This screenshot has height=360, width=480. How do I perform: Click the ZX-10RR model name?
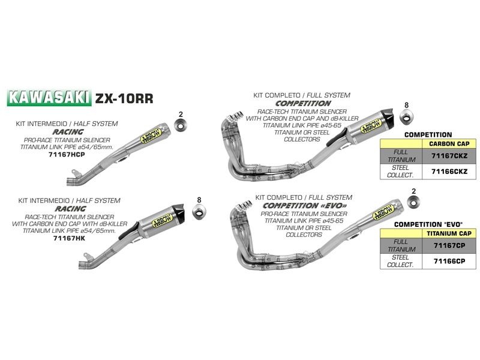coord(119,98)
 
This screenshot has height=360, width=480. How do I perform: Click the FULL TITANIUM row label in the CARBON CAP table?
coord(401,156)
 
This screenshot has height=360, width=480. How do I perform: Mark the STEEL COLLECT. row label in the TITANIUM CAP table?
coord(401,261)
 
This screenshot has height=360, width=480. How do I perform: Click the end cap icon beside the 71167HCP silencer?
coord(180,127)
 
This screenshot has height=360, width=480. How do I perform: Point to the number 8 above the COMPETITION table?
coord(406,106)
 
